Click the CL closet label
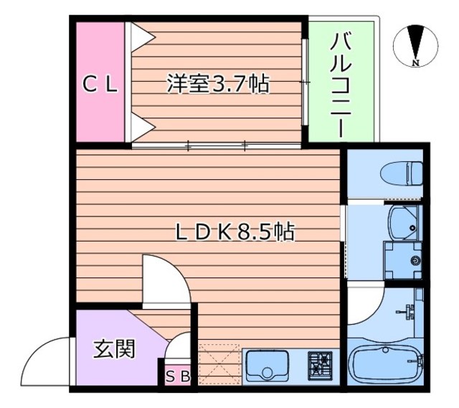coord(99,85)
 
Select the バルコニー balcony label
coord(340,83)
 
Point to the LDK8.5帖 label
coord(236,232)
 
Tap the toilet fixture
coord(401,173)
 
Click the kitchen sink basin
coord(267,366)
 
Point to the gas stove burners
coord(321,366)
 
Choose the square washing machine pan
coord(403,261)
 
